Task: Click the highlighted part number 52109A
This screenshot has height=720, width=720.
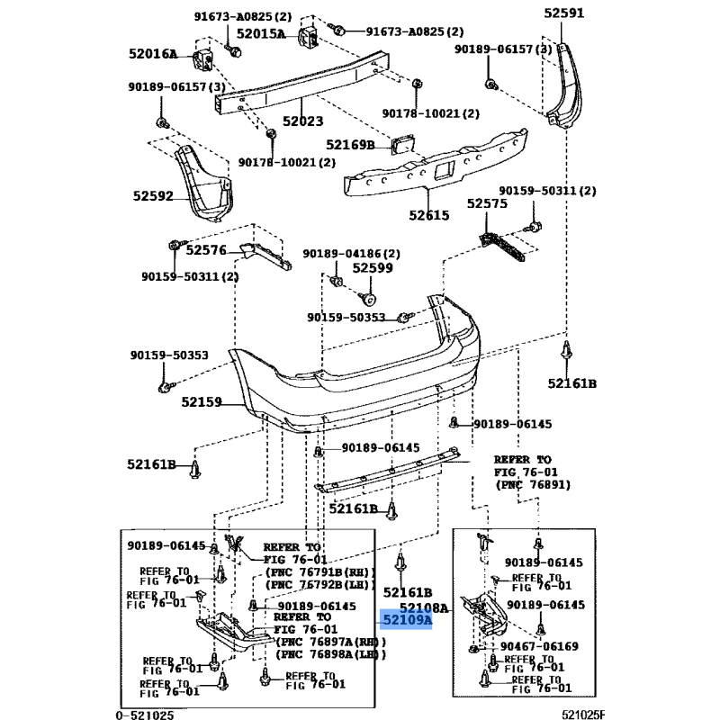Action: pyautogui.click(x=407, y=620)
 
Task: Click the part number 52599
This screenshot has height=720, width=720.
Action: pyautogui.click(x=373, y=267)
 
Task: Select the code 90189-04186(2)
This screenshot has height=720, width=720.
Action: pyautogui.click(x=351, y=255)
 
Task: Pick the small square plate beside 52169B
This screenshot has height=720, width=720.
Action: pyautogui.click(x=400, y=145)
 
